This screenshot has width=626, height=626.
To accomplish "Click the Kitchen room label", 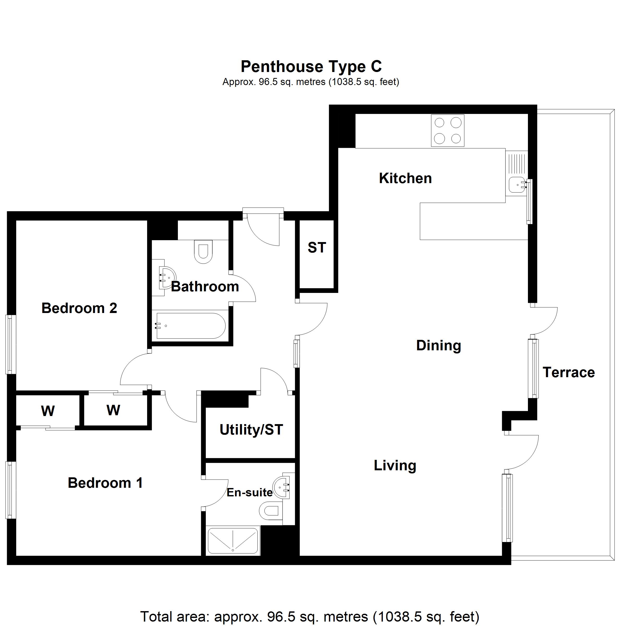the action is pos(405,178).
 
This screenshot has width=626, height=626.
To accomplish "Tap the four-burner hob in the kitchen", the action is pos(448,131).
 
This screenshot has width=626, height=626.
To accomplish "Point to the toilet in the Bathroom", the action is pos(203,251).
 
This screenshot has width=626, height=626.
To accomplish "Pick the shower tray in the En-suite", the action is pos(233,541).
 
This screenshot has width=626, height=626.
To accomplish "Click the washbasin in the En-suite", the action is pos(281,487).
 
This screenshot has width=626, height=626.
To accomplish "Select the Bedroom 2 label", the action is pos(79,308).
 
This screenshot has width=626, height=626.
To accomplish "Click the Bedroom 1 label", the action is pos(105,483).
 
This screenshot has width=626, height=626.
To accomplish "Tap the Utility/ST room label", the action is pos(251,430).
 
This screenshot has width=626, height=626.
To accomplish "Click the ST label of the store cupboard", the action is pos(317,248).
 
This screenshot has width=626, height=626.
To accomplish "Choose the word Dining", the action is pos(438,346).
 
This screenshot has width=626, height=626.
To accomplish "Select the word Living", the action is pos(395,466).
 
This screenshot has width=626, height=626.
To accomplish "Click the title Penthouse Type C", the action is pos(311,67).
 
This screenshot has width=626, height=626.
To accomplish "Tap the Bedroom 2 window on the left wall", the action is pos(11,344).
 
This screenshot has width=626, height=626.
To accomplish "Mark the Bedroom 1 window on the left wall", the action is pos(11,490).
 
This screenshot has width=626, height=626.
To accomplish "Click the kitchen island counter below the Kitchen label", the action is pos(474,221).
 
